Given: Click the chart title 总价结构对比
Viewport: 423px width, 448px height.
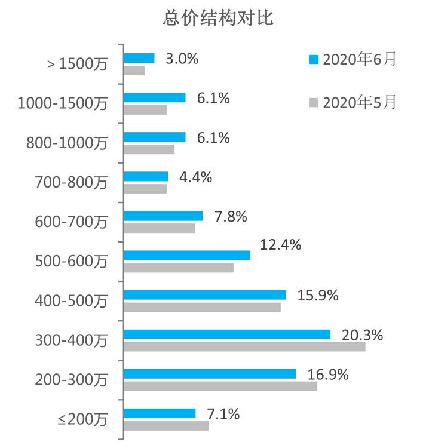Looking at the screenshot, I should (217, 19).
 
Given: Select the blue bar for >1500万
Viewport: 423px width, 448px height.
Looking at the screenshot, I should (139, 58).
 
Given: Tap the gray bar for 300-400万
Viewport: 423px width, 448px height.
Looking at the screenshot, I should (244, 346).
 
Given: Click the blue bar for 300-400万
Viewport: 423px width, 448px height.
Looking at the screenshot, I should (227, 335).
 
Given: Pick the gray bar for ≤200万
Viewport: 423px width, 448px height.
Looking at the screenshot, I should (166, 425).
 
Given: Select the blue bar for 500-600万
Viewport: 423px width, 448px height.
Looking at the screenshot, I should (186, 255).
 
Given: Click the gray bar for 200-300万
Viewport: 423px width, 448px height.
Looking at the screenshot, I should (220, 386).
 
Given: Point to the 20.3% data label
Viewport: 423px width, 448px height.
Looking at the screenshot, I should (362, 336).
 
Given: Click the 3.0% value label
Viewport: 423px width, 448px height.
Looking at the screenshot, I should (182, 59).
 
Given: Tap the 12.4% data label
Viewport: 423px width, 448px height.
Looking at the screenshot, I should (281, 244).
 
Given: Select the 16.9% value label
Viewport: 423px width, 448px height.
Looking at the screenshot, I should (328, 375).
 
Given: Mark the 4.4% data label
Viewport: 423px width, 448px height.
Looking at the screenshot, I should (195, 177).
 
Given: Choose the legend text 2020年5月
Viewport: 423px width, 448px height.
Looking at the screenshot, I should (358, 102).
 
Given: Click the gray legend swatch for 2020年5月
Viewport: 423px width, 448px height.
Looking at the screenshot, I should (312, 103).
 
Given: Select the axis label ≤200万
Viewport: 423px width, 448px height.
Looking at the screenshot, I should (83, 419).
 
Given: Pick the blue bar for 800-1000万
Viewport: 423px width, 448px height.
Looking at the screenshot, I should (155, 137).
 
